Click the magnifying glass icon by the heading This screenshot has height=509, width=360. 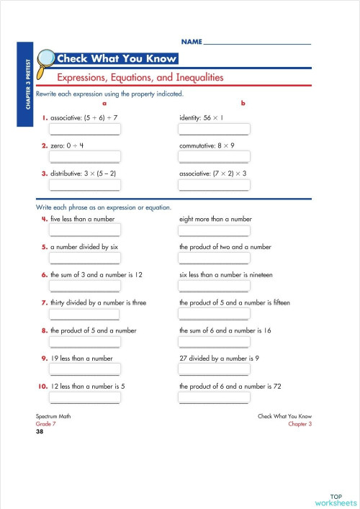coord(45,60)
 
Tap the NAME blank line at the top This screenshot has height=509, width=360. coord(257,44)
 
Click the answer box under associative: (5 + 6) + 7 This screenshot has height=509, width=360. coord(85,129)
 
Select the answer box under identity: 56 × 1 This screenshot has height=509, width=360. coord(214,129)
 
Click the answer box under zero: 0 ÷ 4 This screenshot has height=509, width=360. coord(85,157)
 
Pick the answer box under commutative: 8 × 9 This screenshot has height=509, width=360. coord(214,157)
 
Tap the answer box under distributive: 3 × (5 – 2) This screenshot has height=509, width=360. coord(85,185)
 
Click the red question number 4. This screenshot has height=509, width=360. coord(44,218)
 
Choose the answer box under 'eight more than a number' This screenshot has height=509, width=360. coord(214,230)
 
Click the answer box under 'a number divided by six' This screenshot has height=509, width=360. coord(85,258)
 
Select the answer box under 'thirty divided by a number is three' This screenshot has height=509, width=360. coord(85,315)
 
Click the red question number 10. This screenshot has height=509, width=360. coord(42,387)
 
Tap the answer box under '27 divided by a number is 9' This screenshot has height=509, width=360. coord(214,371)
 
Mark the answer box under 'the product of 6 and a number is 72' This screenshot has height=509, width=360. coord(214,398)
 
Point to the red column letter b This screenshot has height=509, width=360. coord(243,104)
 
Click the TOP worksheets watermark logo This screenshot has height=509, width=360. coord(336,500)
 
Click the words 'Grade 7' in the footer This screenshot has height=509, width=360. coord(45,425)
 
